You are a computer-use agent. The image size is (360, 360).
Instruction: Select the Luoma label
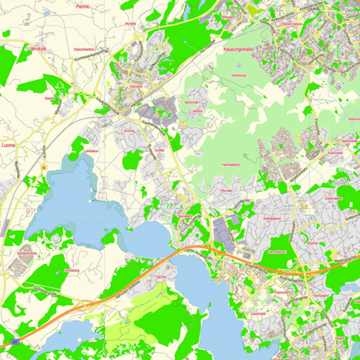pos(9,145)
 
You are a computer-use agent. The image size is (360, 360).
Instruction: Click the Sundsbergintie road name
pos(45,294)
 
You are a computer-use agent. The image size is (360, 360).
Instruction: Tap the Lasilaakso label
pos(91,151)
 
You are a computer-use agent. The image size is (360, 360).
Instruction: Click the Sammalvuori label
pos(276,252)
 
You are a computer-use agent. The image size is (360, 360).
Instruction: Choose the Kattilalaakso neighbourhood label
pos(272,219)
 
